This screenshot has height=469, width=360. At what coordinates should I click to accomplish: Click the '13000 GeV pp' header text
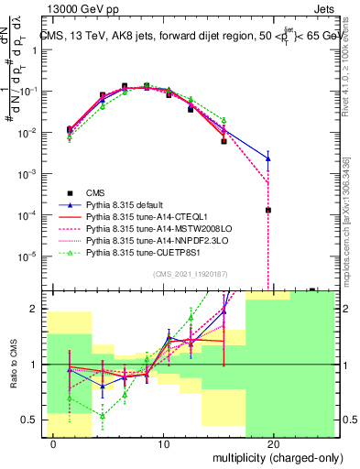pos(76,7)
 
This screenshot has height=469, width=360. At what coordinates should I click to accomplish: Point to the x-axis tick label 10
pos(163,444)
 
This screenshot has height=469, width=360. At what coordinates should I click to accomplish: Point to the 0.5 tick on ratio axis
pos(34,420)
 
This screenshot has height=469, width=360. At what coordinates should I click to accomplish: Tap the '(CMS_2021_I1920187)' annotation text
pos(190,273)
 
